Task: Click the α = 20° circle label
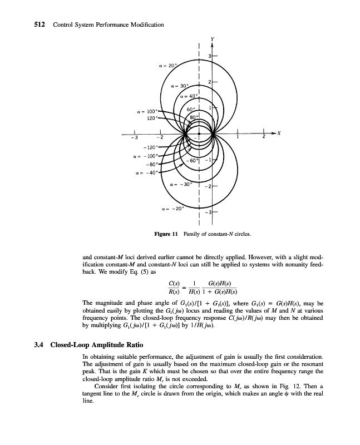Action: pos(166,65)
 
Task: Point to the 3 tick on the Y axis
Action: pos(209,56)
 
